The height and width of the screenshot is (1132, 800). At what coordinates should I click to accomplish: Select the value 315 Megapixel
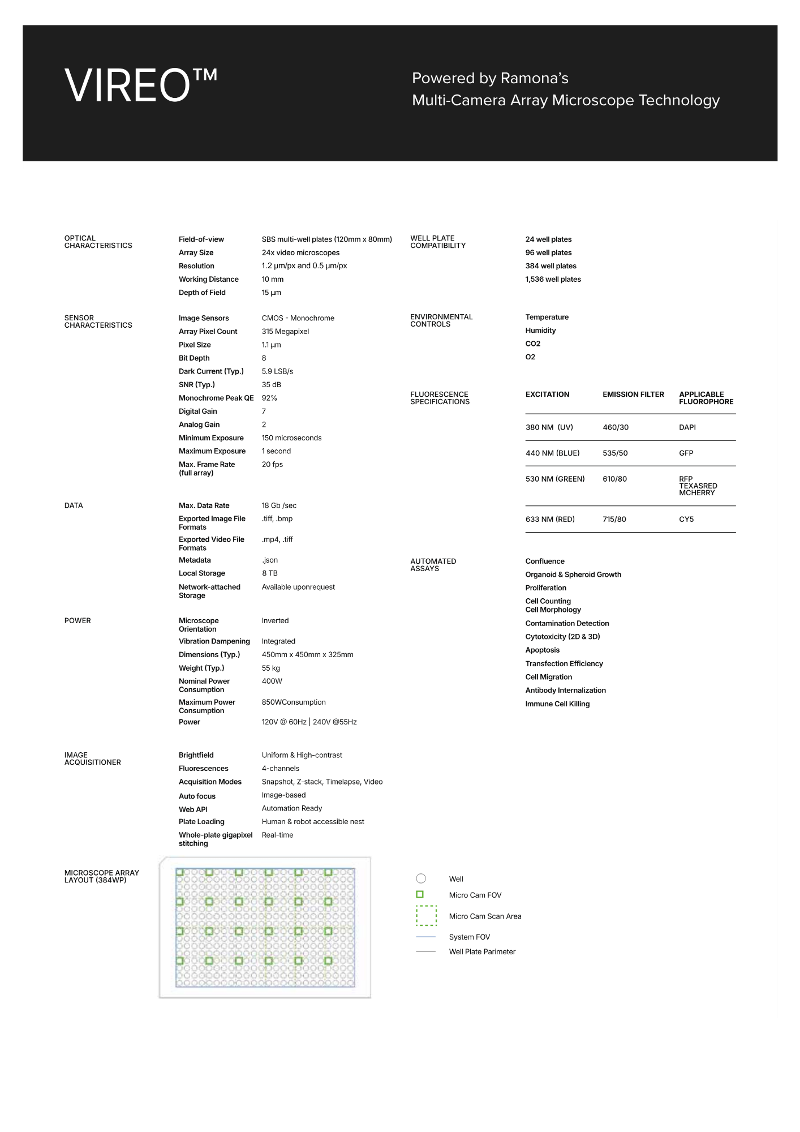tap(285, 332)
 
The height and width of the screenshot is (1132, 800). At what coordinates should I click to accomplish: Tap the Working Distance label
tap(208, 280)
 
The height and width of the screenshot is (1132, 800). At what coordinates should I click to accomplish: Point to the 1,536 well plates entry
tap(553, 280)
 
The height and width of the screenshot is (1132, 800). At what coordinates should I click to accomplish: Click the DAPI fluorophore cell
tap(687, 427)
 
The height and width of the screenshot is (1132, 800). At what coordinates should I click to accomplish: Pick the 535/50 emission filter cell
tap(615, 453)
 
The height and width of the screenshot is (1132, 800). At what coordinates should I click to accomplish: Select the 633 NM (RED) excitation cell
tap(549, 520)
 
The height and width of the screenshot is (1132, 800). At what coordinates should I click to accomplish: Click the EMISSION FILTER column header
tap(633, 395)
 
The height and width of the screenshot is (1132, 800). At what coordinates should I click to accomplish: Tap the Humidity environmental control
tap(540, 331)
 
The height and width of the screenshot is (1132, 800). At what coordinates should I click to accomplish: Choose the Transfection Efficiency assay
tap(564, 664)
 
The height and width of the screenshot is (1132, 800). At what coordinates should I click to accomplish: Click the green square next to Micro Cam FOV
tap(420, 895)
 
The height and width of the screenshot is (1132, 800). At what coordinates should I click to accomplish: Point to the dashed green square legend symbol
tap(427, 916)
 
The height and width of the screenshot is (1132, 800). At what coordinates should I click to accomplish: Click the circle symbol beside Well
tap(421, 878)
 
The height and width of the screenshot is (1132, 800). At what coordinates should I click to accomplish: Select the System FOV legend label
tap(469, 937)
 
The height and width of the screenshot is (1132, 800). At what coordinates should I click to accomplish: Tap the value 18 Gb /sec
tap(279, 506)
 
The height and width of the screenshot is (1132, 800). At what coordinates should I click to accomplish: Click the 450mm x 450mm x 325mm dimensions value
tap(307, 655)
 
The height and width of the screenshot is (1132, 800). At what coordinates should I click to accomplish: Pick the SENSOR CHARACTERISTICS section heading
tap(98, 321)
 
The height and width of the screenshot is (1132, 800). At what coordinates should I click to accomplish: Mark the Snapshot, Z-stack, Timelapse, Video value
tap(322, 782)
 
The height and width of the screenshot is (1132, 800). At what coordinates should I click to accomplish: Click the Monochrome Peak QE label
tap(216, 398)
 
